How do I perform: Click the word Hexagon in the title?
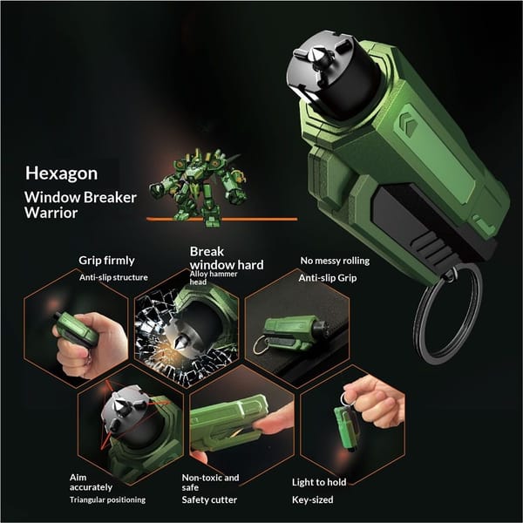click(x=61, y=173)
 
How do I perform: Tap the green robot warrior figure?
click(x=199, y=187)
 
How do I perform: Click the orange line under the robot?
click(x=221, y=219)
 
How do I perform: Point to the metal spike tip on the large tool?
click(x=316, y=52)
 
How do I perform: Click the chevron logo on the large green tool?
click(x=409, y=124)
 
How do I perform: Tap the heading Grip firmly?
click(x=106, y=261)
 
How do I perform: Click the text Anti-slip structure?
click(x=113, y=277)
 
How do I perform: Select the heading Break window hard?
click(x=227, y=258)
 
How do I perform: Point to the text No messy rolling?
click(x=335, y=261)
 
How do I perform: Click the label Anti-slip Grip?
click(x=328, y=278)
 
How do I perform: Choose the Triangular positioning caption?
click(x=107, y=499)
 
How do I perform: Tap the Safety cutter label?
click(x=209, y=499)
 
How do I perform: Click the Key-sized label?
click(x=313, y=499)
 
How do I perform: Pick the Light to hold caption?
click(x=319, y=482)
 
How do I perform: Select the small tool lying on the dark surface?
click(x=294, y=334)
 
